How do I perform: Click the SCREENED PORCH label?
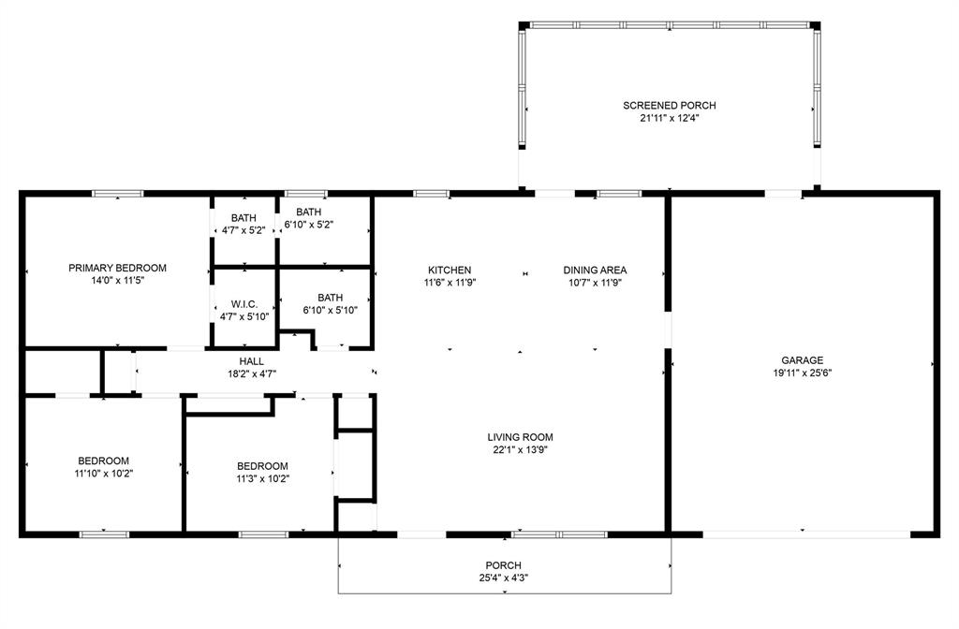click(x=669, y=106)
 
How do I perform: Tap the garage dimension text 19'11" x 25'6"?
click(x=803, y=373)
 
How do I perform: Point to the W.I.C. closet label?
click(x=244, y=304)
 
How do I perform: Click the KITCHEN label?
click(x=450, y=271)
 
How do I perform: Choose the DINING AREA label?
click(x=595, y=271)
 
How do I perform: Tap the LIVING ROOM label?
click(x=520, y=437)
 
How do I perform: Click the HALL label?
click(x=251, y=361)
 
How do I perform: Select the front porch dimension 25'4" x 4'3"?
click(x=503, y=578)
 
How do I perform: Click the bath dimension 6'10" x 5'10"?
click(x=330, y=310)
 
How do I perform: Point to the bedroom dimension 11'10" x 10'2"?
click(x=103, y=473)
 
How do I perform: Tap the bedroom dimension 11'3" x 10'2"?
click(x=262, y=478)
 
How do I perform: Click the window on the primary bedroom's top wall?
click(x=117, y=194)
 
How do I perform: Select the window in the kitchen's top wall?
click(x=432, y=194)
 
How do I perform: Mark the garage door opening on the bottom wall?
click(x=805, y=534)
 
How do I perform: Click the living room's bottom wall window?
click(x=558, y=534)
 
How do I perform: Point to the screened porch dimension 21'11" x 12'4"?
click(x=669, y=119)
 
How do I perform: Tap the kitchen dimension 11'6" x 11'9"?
click(x=450, y=283)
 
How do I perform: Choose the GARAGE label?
click(x=803, y=360)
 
